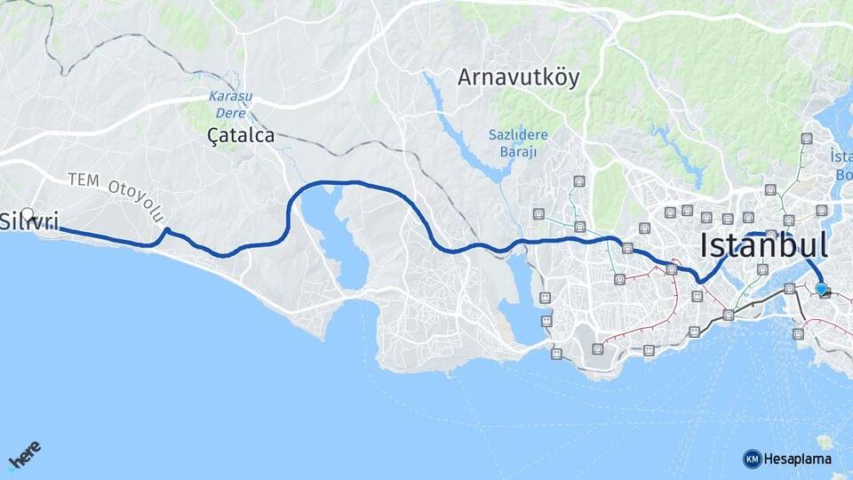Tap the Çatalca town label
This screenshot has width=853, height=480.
click(x=240, y=136)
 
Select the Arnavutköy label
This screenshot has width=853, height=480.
click(x=518, y=77)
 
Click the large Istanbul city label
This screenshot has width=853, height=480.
click(x=764, y=245)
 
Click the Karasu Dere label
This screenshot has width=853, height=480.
click(x=230, y=104)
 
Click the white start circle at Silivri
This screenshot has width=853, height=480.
click(x=28, y=215)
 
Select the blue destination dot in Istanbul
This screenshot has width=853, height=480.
click(x=821, y=288)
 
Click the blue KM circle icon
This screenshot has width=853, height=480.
click(x=752, y=459)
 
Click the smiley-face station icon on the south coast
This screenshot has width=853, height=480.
click(x=556, y=354)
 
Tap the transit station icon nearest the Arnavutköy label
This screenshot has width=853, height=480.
click(x=579, y=180)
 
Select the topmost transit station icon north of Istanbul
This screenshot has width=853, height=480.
click(x=806, y=139)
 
